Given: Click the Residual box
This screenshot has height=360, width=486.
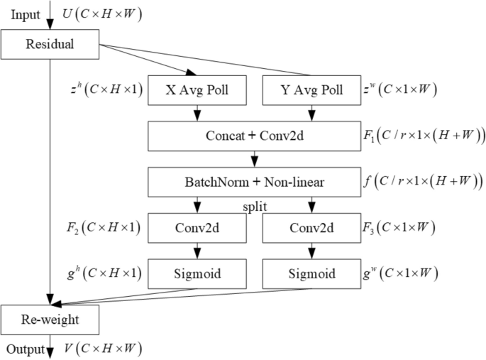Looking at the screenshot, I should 50,45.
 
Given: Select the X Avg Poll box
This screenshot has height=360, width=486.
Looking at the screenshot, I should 197,90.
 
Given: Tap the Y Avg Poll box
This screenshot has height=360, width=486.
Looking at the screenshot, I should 311,90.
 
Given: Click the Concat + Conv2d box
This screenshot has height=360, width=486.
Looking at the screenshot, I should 254,136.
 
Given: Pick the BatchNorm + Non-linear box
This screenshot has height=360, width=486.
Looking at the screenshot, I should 254,182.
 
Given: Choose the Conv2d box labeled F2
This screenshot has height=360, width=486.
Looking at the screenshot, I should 197,229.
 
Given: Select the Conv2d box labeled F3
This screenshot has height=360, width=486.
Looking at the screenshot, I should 311,229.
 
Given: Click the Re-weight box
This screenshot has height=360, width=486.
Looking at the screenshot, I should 50,320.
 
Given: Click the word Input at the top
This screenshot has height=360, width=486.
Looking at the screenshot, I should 26,14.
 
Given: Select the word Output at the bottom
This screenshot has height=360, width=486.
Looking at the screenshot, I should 26,349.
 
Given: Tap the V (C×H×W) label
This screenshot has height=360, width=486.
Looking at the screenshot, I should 101,349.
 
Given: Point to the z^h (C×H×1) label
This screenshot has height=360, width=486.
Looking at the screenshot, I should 104,90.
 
